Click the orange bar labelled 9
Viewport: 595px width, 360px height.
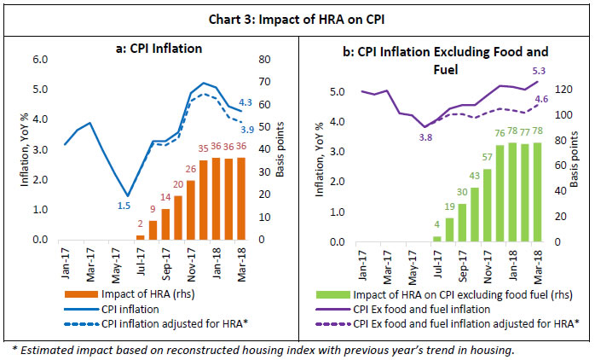click(153, 230)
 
